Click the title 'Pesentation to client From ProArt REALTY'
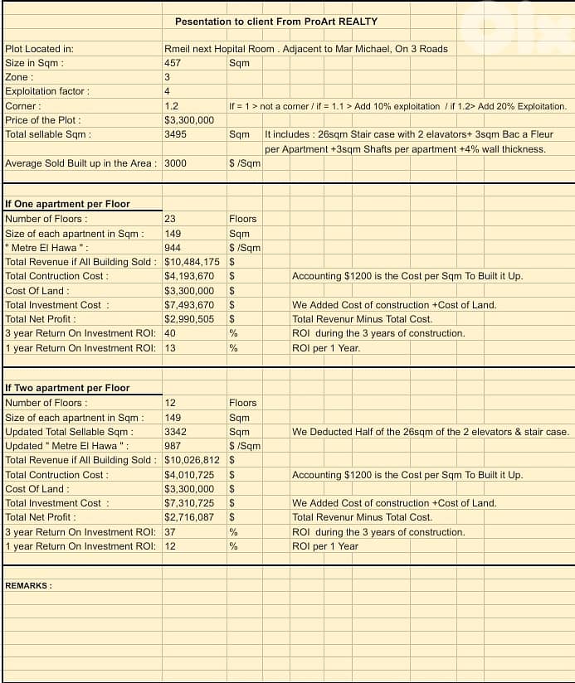(x=276, y=21)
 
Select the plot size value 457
(x=173, y=63)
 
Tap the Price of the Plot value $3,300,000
(x=189, y=120)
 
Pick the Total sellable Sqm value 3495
(x=175, y=134)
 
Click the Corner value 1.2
(x=172, y=106)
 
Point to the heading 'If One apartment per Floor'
(x=67, y=204)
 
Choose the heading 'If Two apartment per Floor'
(x=67, y=388)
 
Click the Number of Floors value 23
(x=170, y=219)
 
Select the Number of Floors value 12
(x=170, y=403)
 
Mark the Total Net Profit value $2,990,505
(x=189, y=319)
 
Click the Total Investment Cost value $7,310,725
(x=189, y=503)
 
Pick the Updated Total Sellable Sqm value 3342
(x=175, y=432)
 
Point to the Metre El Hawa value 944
(x=173, y=248)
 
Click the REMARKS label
(x=29, y=585)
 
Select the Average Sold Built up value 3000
(x=175, y=163)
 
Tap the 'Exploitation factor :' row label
(x=47, y=91)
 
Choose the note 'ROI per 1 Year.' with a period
(x=326, y=348)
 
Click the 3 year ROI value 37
(x=170, y=532)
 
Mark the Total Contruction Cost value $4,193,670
(x=189, y=276)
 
